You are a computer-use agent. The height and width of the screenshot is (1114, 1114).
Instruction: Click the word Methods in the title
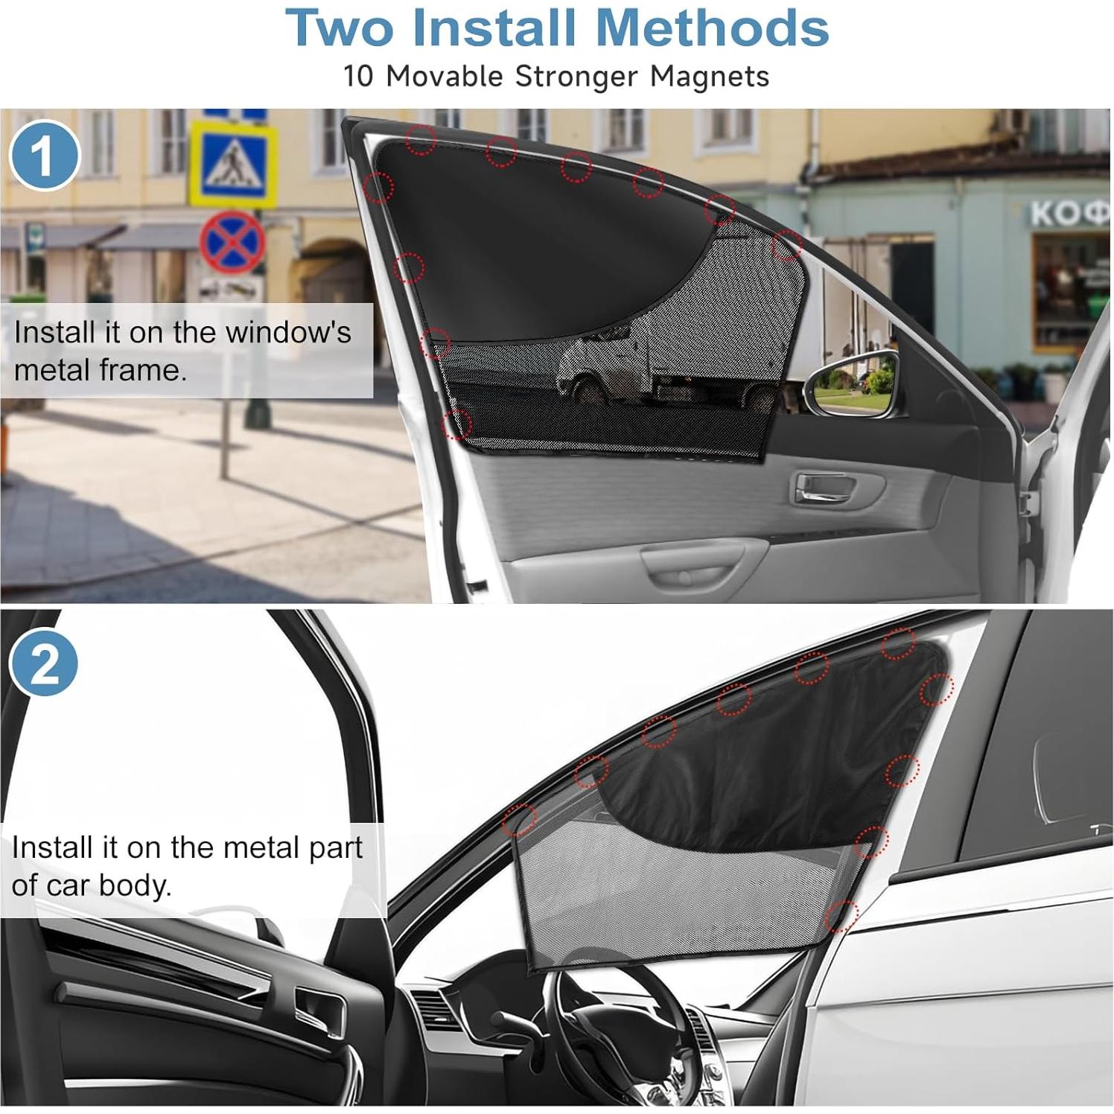[713, 28]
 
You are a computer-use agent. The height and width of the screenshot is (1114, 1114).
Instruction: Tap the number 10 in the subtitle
[357, 77]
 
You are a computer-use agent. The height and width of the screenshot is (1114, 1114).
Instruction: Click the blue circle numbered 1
[44, 156]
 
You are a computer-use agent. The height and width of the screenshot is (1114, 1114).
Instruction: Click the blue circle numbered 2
[44, 663]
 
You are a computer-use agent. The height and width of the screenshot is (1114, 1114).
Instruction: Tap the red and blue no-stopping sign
[232, 242]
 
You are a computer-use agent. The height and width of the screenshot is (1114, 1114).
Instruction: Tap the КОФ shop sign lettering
[1069, 214]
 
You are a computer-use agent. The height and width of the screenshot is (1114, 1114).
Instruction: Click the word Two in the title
[340, 28]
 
